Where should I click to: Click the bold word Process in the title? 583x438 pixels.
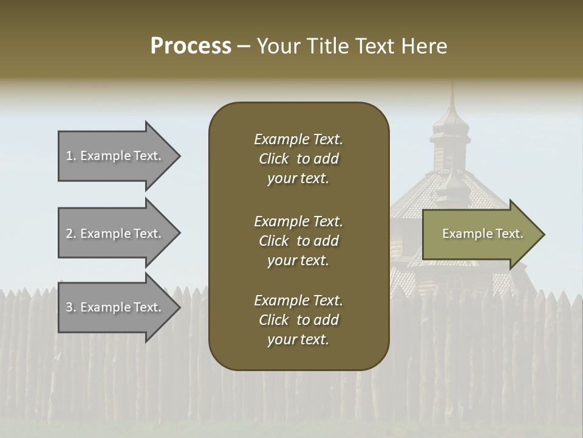pos(191,46)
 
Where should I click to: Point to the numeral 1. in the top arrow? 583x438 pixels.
pos(71,156)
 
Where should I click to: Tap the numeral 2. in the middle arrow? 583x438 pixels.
pos(71,234)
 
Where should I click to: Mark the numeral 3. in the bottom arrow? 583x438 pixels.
pos(71,307)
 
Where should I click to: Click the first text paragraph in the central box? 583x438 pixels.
pos(298,159)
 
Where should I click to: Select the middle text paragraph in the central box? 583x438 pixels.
pos(298,241)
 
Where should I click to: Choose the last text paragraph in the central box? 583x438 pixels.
pos(298,320)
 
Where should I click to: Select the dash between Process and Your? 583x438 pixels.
pos(244,46)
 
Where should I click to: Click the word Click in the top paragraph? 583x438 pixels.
pos(274,159)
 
